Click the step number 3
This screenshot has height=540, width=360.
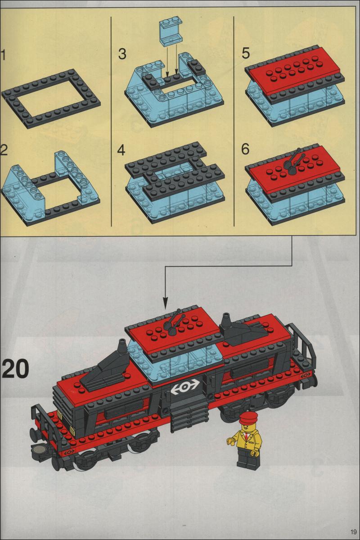click(x=122, y=54)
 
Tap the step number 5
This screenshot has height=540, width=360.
click(x=245, y=54)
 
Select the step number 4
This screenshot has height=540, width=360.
click(x=121, y=150)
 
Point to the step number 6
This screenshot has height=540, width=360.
click(x=245, y=149)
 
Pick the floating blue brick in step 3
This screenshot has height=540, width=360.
click(x=171, y=32)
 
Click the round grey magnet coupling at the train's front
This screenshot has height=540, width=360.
click(x=39, y=449)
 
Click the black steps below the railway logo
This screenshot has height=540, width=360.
click(x=189, y=414)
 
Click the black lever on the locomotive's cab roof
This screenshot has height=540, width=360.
click(x=175, y=322)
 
